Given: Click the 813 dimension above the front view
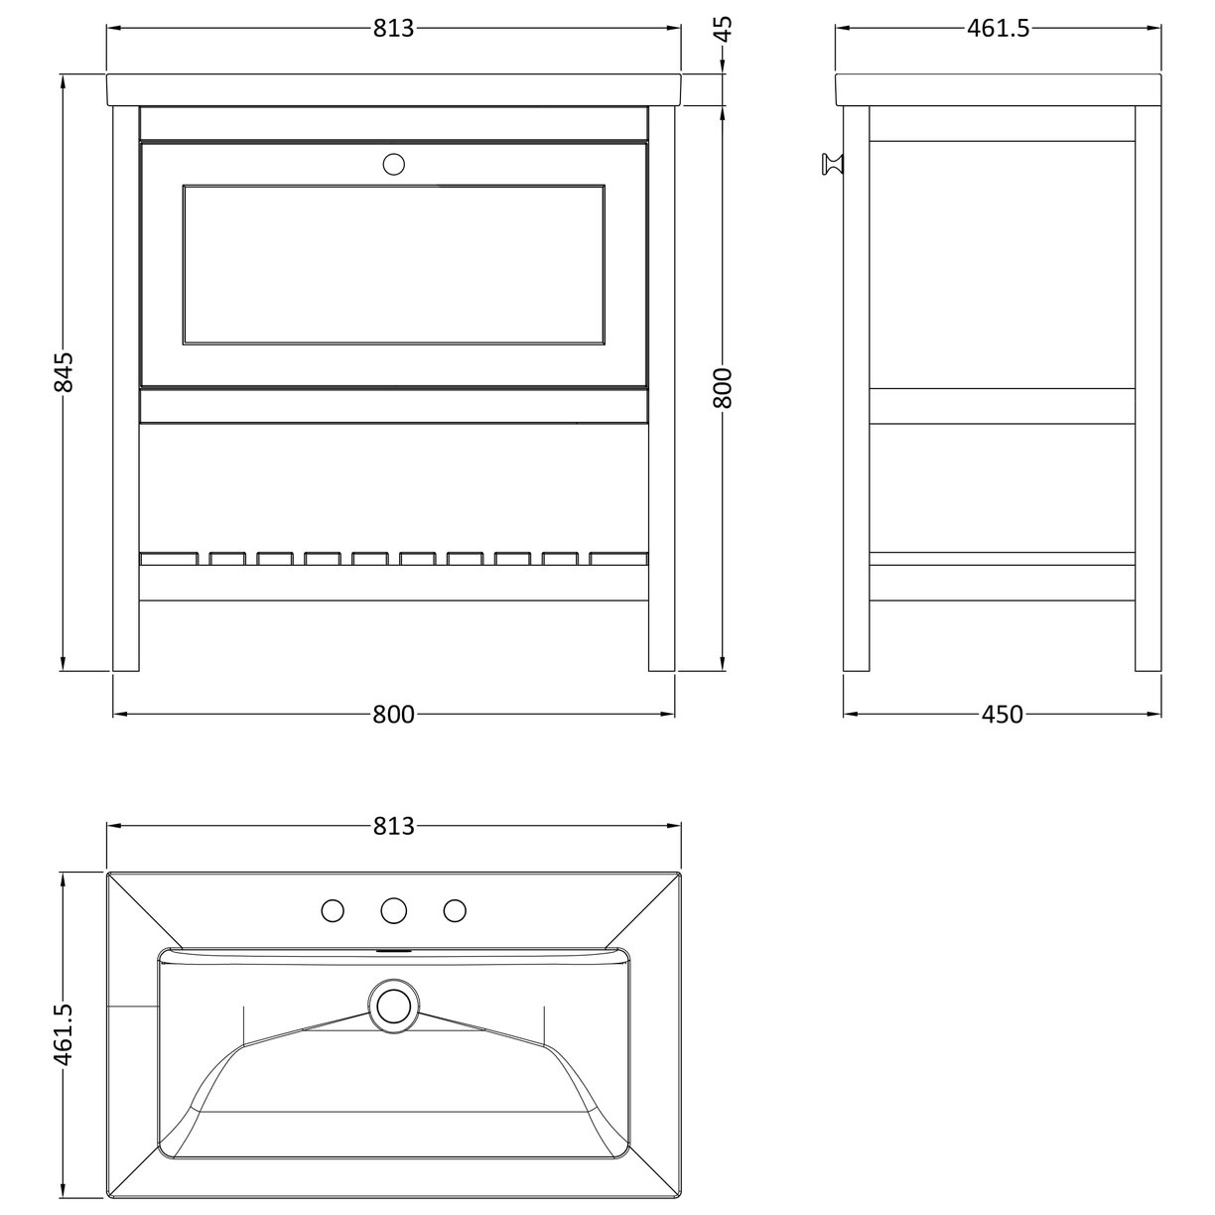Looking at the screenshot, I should tap(393, 29).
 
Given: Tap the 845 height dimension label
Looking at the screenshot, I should tap(63, 371).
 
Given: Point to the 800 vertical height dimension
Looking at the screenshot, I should tap(724, 387).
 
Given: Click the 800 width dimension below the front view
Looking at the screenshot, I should tap(393, 714).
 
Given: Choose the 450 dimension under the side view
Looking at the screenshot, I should tap(1002, 714).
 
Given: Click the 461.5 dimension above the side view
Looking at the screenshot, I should tap(998, 29).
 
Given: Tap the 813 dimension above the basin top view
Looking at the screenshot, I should tap(393, 825).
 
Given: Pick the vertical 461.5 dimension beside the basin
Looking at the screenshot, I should tap(63, 1032).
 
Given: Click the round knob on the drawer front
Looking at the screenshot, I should tap(394, 164).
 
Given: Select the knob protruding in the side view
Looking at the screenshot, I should tap(831, 165).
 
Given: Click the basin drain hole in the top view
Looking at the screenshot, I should tap(394, 1005).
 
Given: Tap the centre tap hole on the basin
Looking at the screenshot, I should tap(394, 909).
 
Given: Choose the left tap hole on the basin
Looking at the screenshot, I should tap(334, 909).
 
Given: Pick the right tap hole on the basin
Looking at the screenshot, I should tap(455, 909).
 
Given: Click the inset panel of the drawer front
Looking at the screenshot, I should tap(393, 264).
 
